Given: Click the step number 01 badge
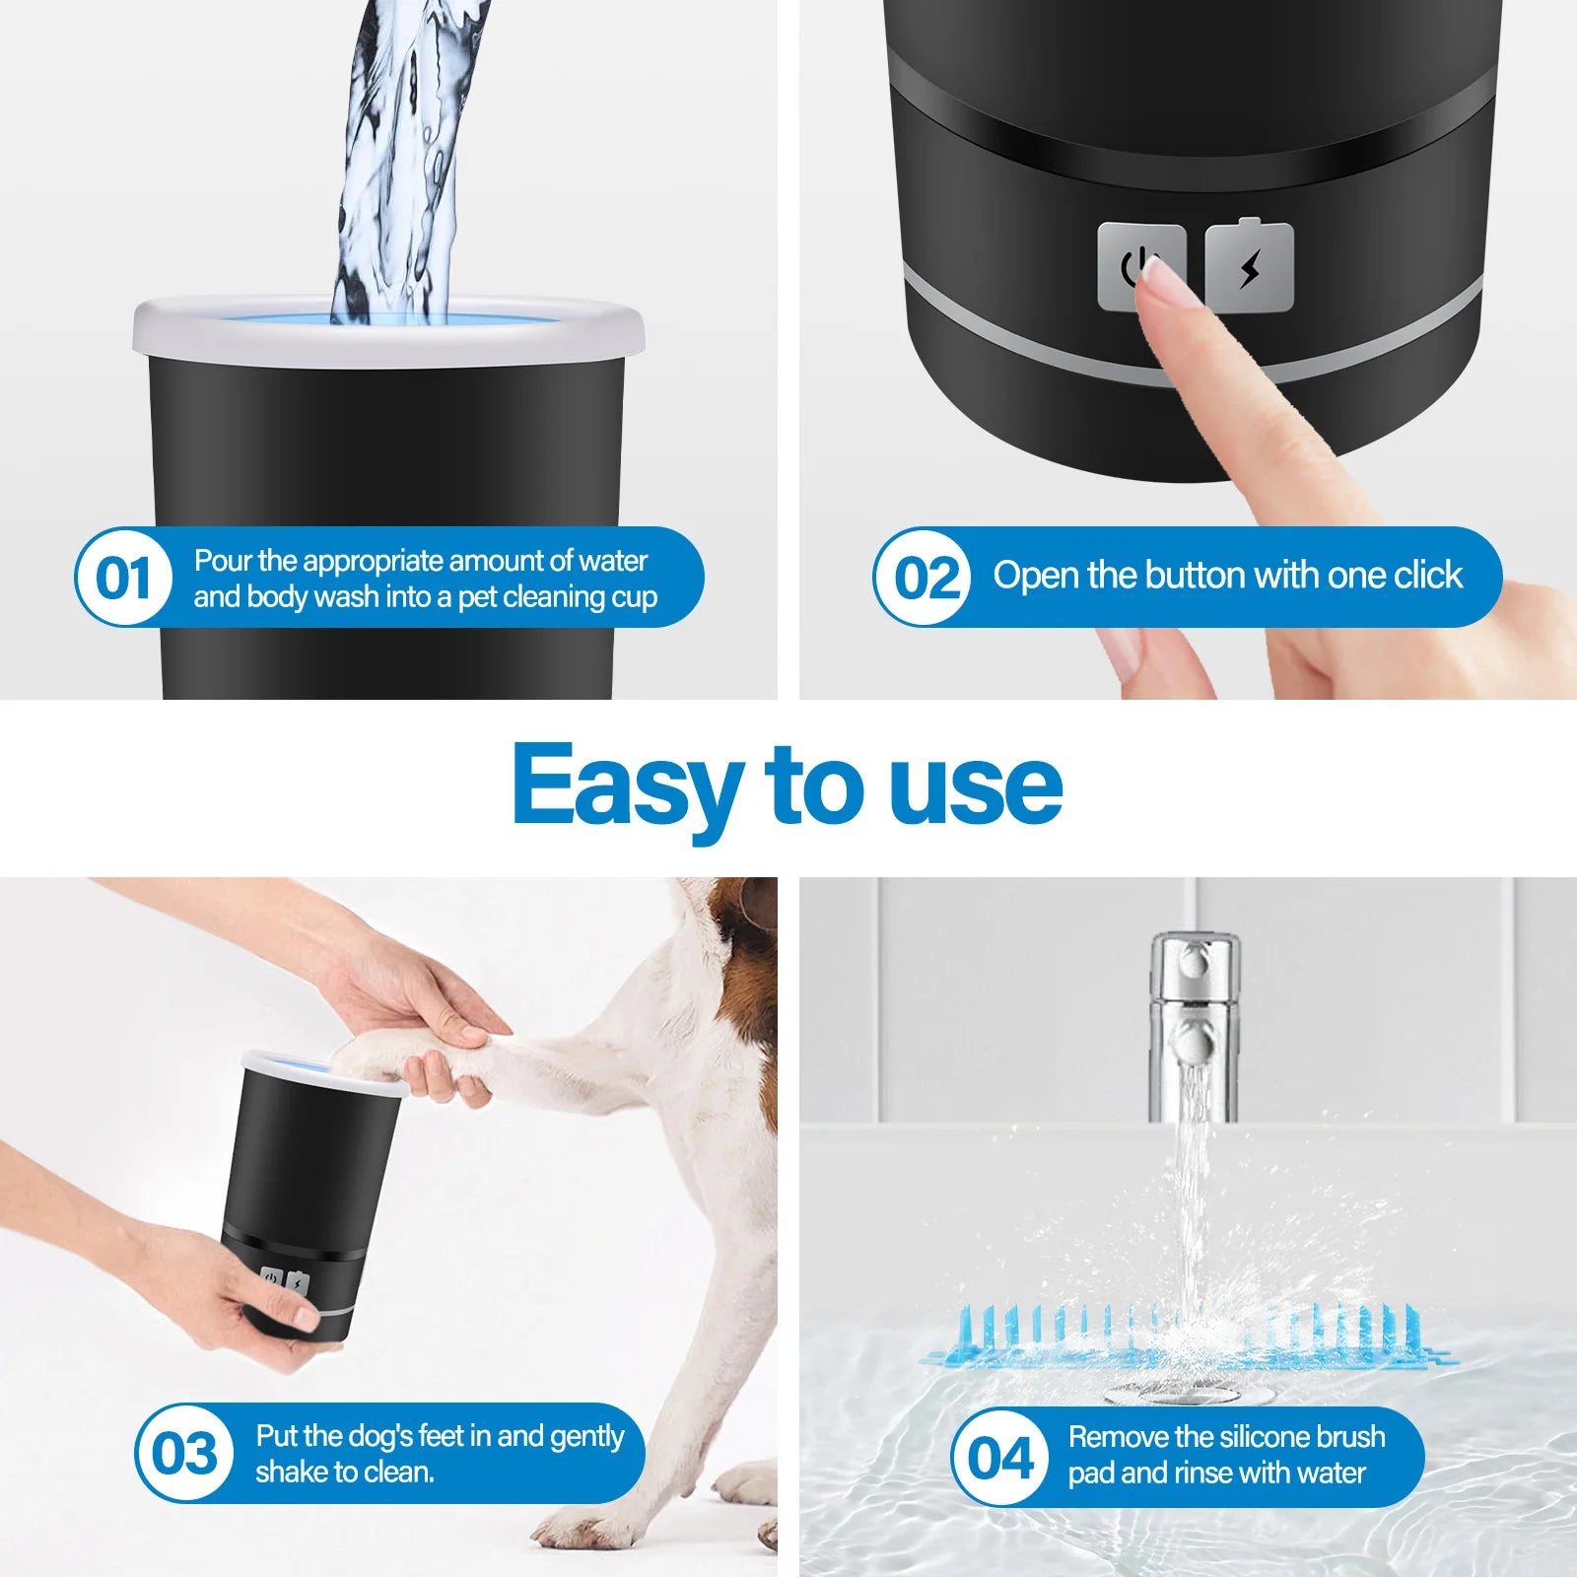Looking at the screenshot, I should coord(123,578).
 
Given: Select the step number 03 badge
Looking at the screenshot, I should coord(183,1454).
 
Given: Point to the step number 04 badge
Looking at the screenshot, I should coord(999,1458).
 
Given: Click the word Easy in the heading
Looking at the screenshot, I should coord(626,786).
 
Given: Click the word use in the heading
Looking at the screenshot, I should coord(976,786).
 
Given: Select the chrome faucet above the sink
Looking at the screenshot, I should coord(1194,1025).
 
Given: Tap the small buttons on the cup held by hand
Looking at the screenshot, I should coord(284,1282).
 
